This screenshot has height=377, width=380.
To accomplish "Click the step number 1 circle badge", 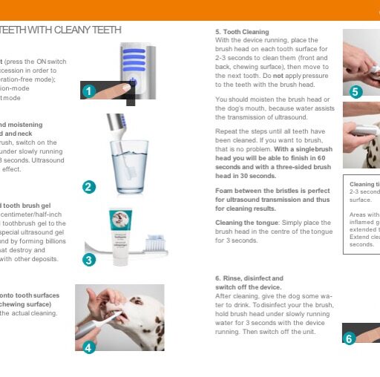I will (88, 91).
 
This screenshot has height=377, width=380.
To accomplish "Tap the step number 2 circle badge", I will (89, 187).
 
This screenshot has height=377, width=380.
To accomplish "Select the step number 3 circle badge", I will (89, 260).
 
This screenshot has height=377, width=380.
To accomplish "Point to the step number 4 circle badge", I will (88, 347).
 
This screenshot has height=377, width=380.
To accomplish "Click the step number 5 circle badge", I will (355, 92).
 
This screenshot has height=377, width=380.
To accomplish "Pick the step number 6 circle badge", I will (350, 338).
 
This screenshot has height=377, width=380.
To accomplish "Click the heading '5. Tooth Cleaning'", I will (242, 33).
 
